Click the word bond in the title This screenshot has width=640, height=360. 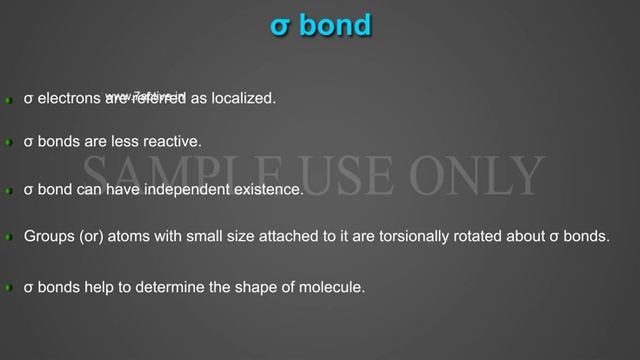(x=335, y=25)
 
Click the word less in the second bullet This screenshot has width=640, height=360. (x=129, y=142)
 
